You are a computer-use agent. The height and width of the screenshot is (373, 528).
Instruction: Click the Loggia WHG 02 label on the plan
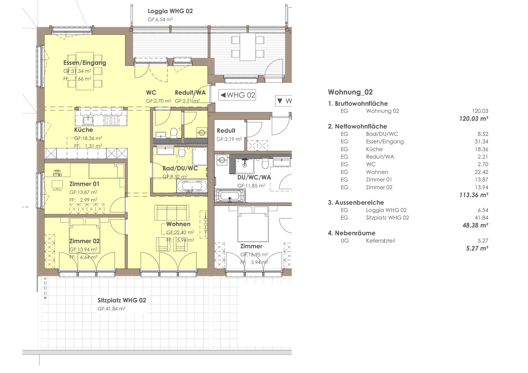[x=170, y=11]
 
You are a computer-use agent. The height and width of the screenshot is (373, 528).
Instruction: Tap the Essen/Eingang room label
[x=84, y=63]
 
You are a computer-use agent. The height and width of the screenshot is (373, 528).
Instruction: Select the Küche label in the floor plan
[x=83, y=130]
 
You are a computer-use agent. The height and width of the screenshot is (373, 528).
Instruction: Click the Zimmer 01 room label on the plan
[x=84, y=184]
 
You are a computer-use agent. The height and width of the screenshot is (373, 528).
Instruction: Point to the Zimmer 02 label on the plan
[x=84, y=241]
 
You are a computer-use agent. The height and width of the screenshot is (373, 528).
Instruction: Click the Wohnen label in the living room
[x=178, y=224]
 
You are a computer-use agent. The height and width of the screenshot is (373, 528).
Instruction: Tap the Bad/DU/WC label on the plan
[x=180, y=168]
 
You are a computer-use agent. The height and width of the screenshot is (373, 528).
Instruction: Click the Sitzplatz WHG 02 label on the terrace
[x=122, y=300]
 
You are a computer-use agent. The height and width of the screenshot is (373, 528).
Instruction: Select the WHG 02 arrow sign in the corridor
[x=237, y=95]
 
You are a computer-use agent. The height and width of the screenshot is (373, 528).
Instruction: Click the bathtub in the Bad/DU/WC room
[x=191, y=186]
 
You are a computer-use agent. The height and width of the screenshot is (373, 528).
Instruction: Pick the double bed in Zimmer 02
[x=84, y=238]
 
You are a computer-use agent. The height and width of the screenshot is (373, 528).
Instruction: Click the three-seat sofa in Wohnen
[x=172, y=213]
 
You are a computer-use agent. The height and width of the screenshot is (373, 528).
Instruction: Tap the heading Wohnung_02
[x=350, y=92]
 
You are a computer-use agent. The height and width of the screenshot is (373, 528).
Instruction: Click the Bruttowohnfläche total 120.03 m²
[x=473, y=119]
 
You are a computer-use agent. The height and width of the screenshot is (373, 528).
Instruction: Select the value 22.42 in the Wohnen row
[x=481, y=172]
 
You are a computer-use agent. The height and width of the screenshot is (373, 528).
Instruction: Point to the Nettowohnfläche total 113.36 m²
[x=473, y=195]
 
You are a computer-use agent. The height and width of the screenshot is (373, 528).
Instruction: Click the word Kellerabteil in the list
[x=380, y=241]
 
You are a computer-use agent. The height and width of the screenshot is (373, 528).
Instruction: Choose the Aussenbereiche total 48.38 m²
[x=475, y=226]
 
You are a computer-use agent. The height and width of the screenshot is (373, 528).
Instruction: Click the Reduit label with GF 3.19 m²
[x=226, y=131]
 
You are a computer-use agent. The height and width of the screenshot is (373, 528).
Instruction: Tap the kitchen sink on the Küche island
[x=88, y=121]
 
